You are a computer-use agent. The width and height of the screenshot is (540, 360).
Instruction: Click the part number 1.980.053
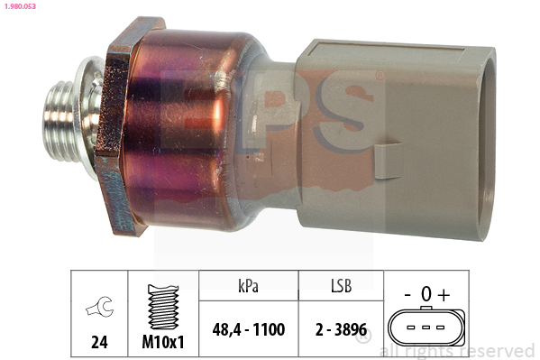20,6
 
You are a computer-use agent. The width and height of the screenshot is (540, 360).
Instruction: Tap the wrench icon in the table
100,306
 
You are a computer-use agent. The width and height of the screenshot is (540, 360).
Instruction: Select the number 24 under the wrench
99,342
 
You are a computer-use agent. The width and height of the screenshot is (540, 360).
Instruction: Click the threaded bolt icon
163,307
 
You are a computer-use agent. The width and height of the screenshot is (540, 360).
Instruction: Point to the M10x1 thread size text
163,342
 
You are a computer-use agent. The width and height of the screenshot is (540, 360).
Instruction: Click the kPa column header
248,286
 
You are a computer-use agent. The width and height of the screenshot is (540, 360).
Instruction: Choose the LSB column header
342,286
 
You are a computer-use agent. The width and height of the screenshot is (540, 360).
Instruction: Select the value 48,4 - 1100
249,329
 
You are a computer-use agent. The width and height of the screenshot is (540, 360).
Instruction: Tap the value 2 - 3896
341,329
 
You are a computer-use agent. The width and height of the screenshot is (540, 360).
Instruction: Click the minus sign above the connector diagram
407,295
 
